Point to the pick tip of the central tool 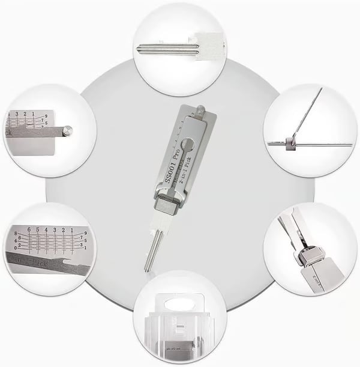pos(146,268)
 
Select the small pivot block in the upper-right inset pos(291,142)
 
